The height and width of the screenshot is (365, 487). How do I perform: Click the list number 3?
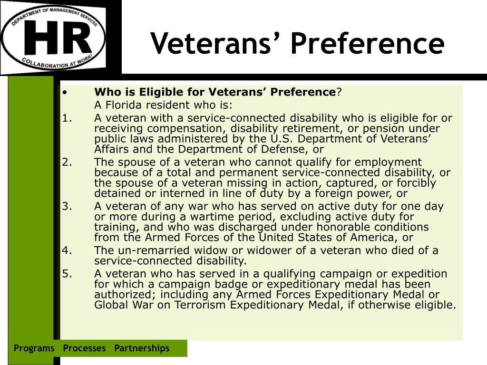[x=65, y=206]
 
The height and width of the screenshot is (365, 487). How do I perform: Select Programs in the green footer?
[x=34, y=348]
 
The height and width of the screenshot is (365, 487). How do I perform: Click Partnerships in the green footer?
[x=142, y=348]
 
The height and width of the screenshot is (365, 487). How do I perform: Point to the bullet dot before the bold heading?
[x=64, y=92]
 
